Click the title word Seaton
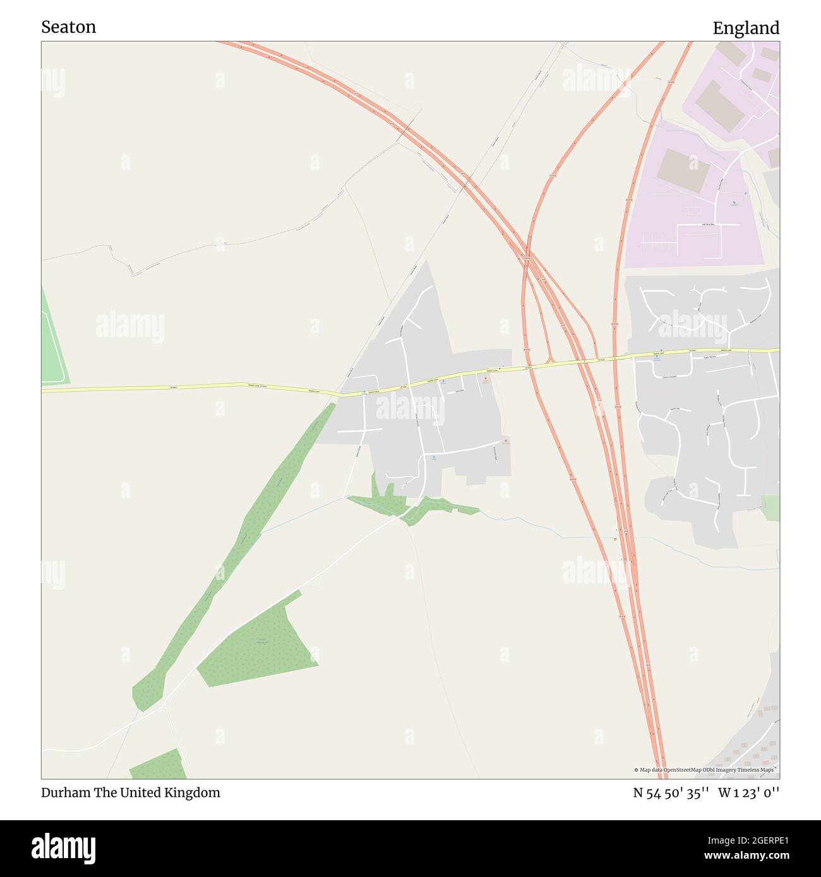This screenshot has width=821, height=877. [x=68, y=27]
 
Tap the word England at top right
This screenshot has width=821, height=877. [x=746, y=28]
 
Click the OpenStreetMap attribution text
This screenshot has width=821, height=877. [x=704, y=770]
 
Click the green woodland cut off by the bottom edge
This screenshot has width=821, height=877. [x=158, y=765]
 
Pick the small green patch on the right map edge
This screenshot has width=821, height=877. [x=770, y=508]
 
